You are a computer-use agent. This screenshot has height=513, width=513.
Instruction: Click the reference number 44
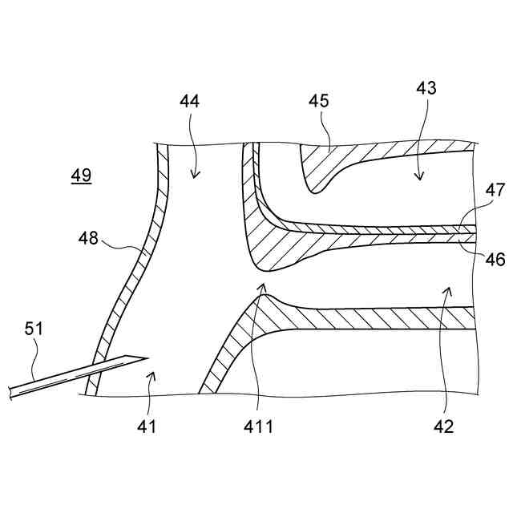coord(190,102)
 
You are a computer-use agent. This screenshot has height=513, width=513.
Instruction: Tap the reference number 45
coord(319,102)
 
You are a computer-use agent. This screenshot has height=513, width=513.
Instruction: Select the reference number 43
coord(426,88)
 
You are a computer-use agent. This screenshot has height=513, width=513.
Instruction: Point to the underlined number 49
coord(80,175)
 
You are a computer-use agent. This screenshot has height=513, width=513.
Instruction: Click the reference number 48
coord(89,237)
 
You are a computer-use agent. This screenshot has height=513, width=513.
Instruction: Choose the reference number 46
coord(495,258)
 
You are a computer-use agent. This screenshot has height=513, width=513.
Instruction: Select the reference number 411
coord(260,426)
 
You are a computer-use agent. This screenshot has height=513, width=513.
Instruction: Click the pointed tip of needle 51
coord(149,357)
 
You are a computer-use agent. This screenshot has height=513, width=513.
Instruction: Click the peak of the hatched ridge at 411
coord(265,297)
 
